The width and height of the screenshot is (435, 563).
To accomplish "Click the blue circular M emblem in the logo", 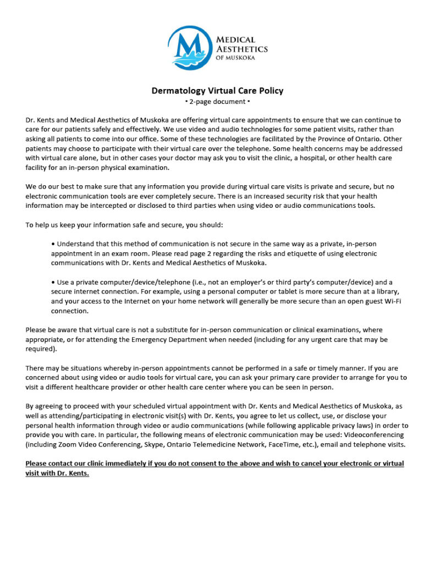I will (190, 48).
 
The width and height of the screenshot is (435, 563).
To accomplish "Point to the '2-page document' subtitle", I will (218, 102).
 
